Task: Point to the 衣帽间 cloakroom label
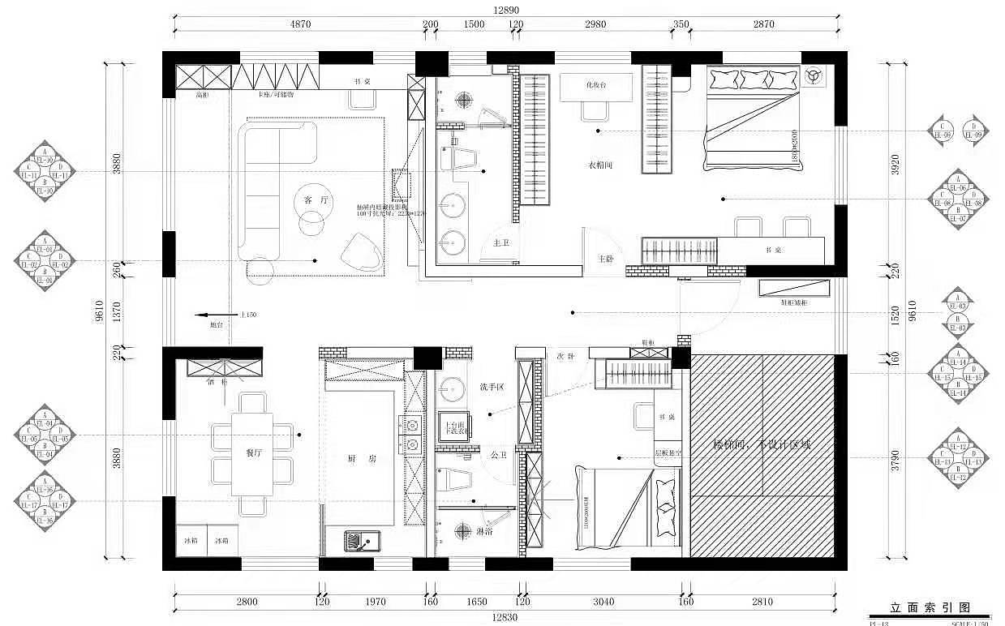599,165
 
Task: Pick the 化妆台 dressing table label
596,84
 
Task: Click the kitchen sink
358,540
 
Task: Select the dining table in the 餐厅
251,454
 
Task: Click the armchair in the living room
360,251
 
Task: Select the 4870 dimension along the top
300,24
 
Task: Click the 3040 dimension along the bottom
603,602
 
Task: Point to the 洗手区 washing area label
492,387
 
